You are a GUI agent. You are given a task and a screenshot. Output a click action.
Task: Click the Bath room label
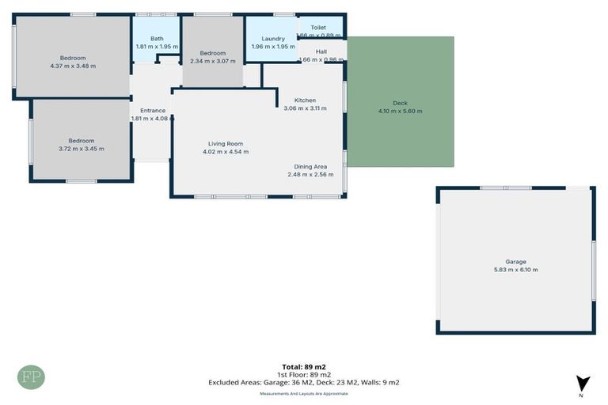tap(157, 38)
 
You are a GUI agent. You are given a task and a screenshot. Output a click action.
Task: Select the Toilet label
tap(318, 27)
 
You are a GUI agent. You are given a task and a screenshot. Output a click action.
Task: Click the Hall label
tap(321, 51)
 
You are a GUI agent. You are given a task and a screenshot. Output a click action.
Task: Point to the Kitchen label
tap(305, 100)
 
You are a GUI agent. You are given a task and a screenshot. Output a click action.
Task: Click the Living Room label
tap(222, 143)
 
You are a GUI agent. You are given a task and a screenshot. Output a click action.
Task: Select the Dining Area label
tap(310, 166)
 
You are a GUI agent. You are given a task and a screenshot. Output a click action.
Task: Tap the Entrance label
tap(153, 111)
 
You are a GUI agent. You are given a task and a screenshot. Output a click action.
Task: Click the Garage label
tap(515, 261)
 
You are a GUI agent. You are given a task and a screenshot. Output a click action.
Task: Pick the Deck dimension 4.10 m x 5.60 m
tap(400, 111)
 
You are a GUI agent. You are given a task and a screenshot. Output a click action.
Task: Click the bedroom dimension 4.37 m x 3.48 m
tap(72, 66)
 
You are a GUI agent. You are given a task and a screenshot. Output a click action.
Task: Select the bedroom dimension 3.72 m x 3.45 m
tap(81, 148)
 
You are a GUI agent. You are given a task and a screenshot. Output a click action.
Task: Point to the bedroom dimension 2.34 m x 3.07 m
tap(212, 61)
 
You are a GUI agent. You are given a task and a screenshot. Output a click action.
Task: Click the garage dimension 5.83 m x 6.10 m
tap(515, 270)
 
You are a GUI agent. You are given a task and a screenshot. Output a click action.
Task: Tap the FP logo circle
tap(32, 377)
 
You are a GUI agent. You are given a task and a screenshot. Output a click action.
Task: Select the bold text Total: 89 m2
tap(304, 366)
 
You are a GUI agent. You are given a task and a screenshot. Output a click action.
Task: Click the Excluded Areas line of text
tap(304, 382)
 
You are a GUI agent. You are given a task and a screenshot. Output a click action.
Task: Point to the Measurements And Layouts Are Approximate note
tap(304, 393)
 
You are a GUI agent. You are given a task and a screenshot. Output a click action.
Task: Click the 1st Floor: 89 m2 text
tap(304, 374)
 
